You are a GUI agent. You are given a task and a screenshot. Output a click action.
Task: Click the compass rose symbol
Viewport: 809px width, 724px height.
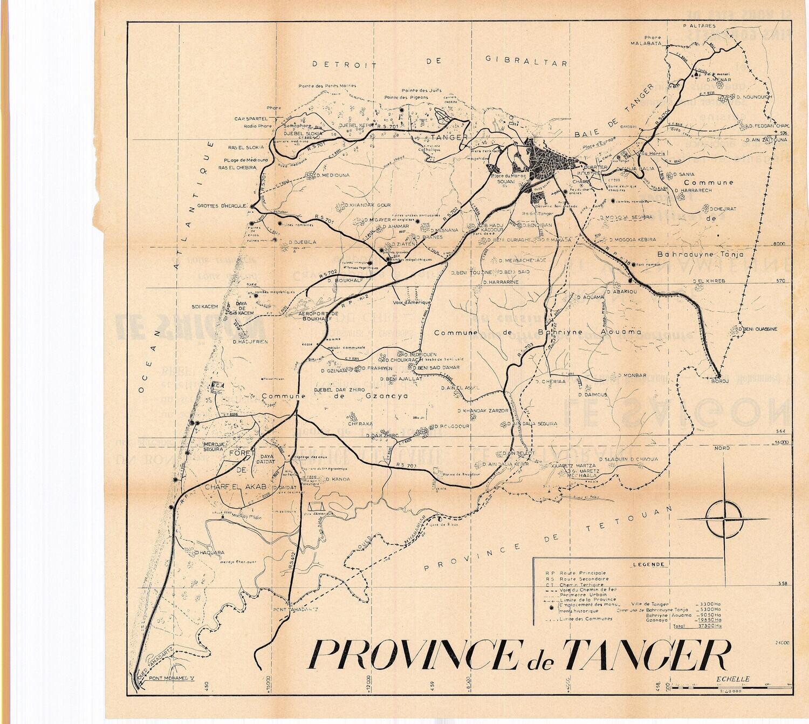pos(723,518)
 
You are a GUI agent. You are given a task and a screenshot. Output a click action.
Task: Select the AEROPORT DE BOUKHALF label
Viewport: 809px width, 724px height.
pos(318,316)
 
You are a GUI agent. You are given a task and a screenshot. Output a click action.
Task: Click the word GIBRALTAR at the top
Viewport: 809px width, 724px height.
pos(526,62)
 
